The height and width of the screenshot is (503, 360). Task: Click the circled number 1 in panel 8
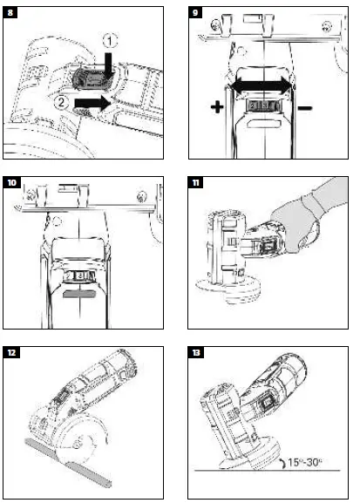(107, 40)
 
